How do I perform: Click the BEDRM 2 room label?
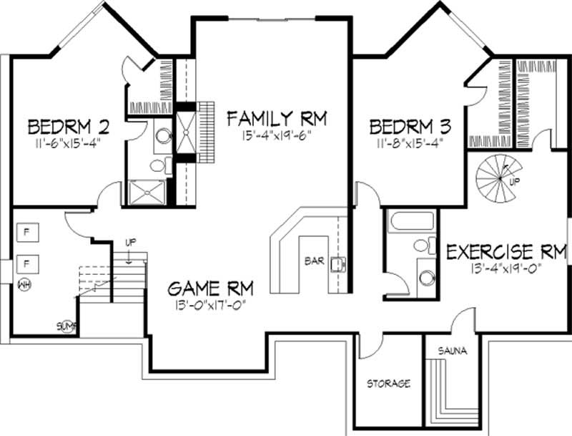[x=69, y=127]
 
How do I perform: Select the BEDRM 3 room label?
[x=410, y=127]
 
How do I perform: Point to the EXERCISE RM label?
[x=506, y=251]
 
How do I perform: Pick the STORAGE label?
[x=388, y=384]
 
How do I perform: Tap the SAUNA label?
[x=453, y=352]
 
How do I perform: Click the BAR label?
[x=314, y=261]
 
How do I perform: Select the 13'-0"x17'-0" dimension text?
[x=206, y=306]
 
